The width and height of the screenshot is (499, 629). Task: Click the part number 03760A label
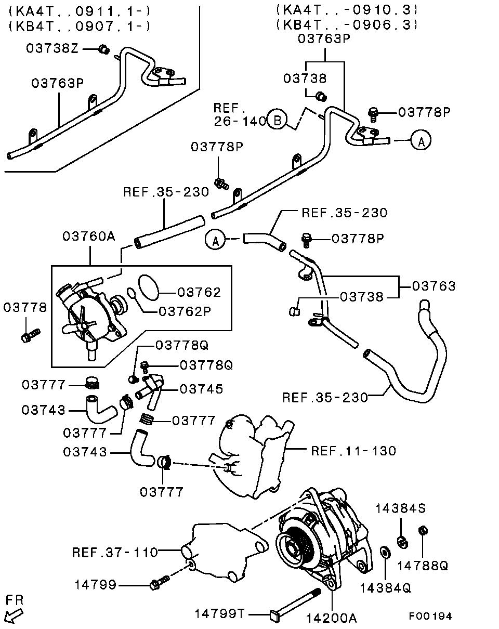tap(88, 236)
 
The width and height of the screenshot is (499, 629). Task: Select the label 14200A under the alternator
tap(331, 618)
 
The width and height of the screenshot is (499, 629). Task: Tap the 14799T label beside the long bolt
tap(219, 614)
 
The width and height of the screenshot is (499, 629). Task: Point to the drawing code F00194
tap(430, 616)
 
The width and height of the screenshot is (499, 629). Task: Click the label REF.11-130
tap(353, 451)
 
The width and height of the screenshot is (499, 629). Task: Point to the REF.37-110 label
tap(114, 552)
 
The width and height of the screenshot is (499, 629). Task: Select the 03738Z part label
tap(52, 48)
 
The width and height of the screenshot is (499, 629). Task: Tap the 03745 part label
tap(202, 389)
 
